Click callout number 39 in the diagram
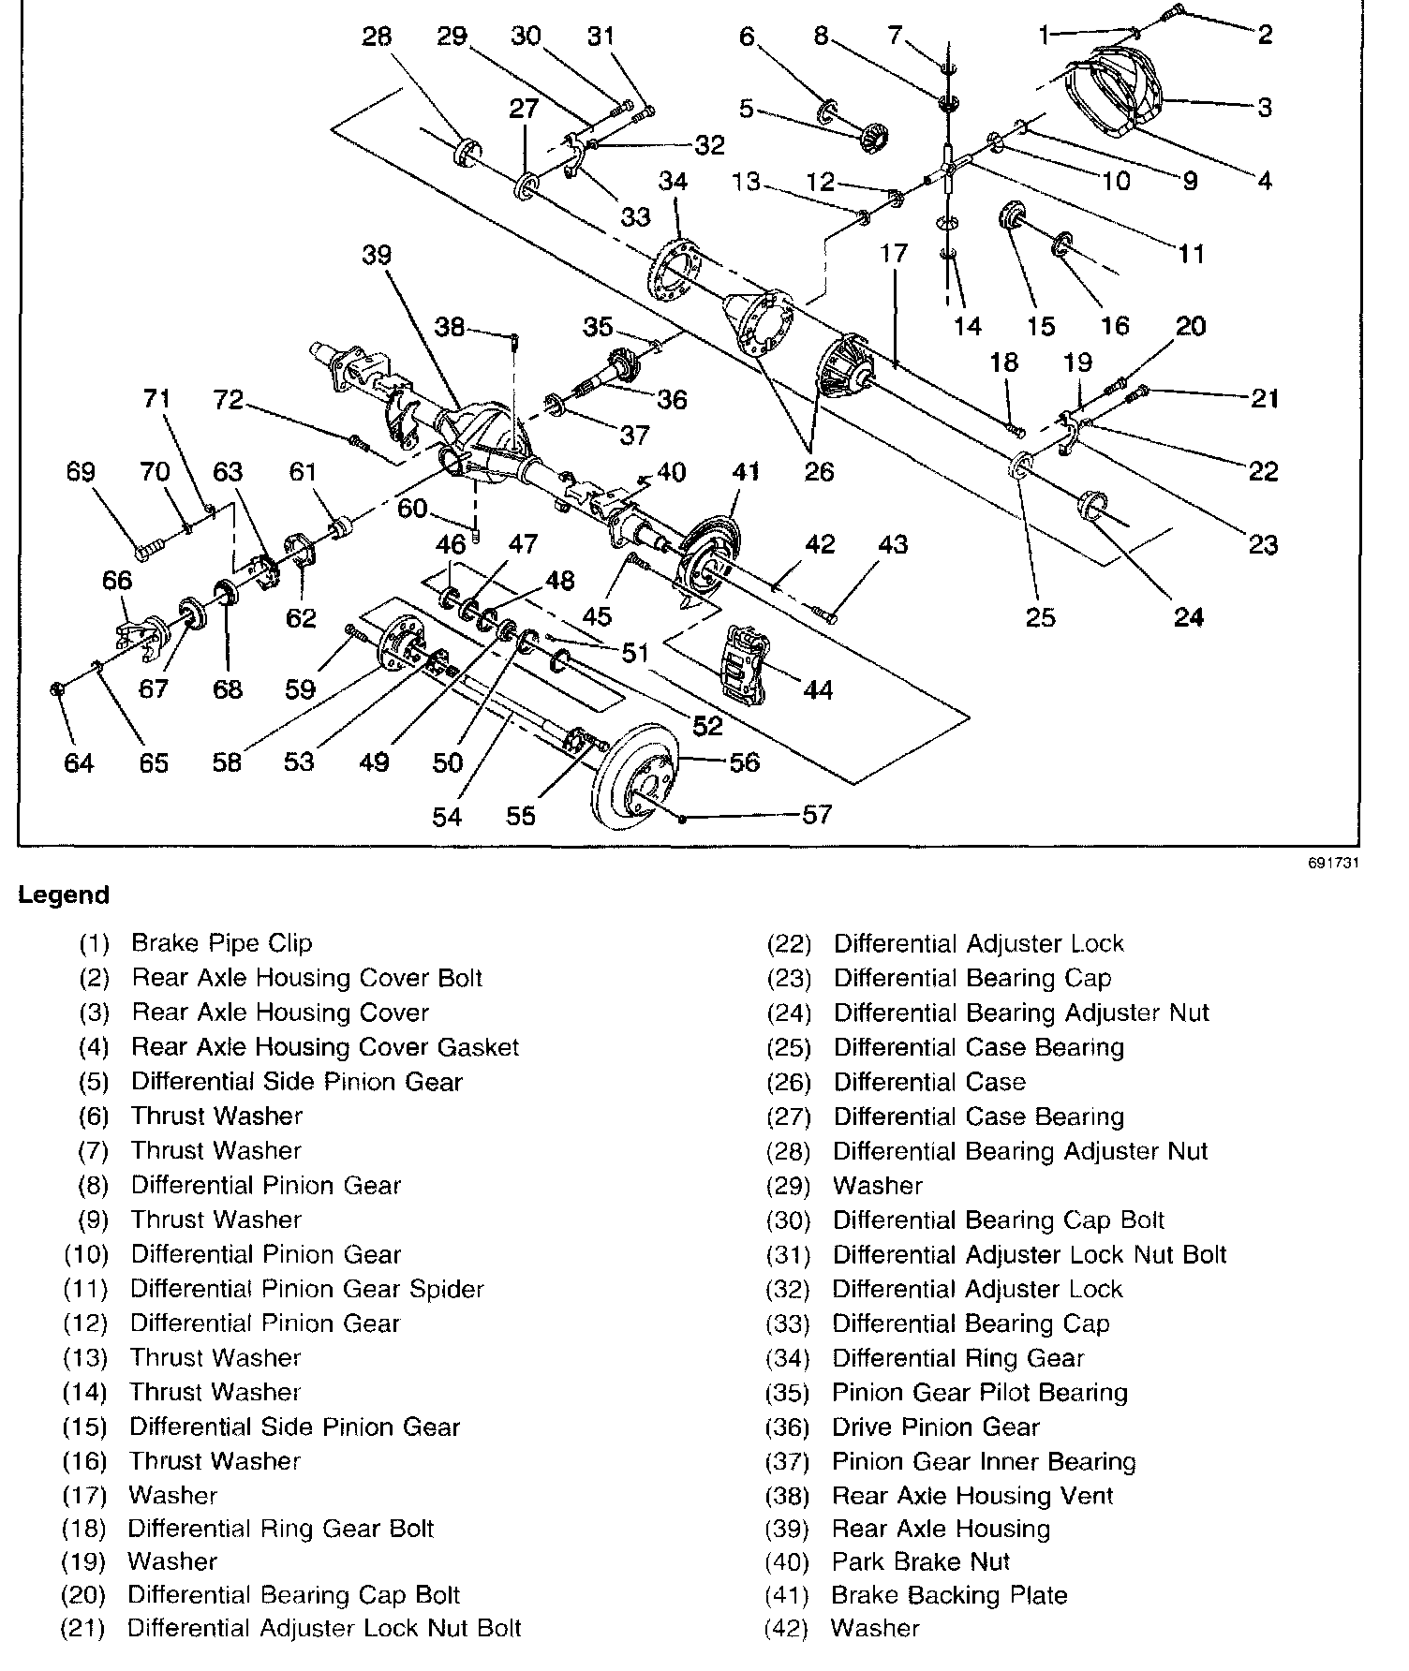pos(377,256)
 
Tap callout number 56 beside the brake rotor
pos(745,762)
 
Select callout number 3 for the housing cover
pos(1265,107)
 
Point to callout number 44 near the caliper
pos(818,690)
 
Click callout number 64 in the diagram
pos(79,763)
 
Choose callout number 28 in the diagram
pos(377,37)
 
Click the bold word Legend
pos(64,895)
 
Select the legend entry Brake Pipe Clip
pos(221,943)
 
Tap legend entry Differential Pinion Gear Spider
pos(306,1289)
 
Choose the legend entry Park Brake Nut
pos(921,1561)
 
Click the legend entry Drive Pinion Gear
pos(935,1427)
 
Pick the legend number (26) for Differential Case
pos(788,1083)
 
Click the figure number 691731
pos(1333,863)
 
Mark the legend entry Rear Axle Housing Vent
pos(972,1495)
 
